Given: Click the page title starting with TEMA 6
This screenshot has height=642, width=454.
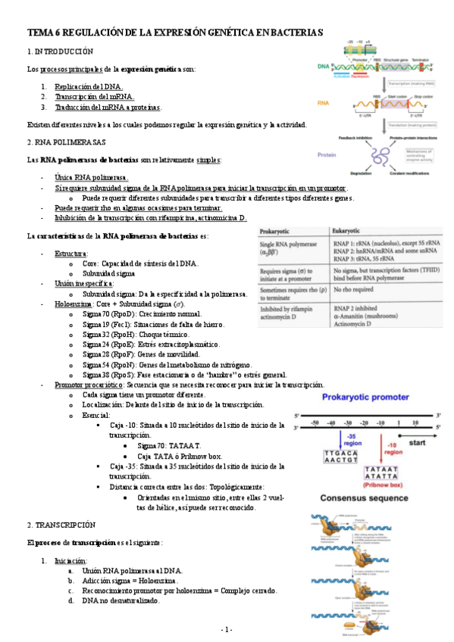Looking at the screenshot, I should point(175,33).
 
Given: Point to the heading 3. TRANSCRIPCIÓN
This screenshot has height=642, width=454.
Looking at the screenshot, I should point(61,524).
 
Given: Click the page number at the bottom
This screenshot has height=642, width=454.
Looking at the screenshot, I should point(227,629).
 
